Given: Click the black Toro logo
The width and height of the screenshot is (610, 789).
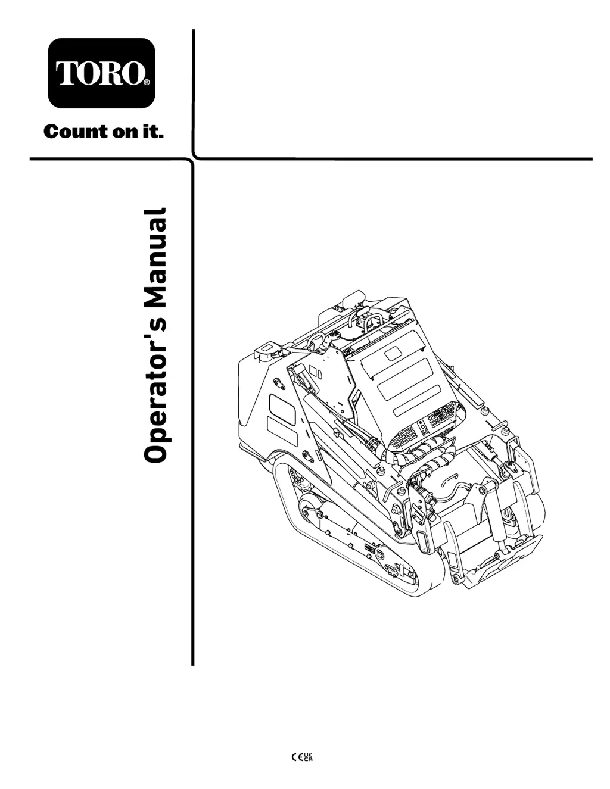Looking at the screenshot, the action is click(101, 72).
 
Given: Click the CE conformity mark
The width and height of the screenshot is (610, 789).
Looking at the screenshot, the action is click(296, 757).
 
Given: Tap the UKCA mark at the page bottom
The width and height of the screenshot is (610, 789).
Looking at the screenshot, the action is click(309, 757).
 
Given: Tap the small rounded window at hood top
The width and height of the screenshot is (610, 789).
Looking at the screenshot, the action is click(393, 355).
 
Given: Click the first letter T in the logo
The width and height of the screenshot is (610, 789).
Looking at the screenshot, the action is click(66, 73).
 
